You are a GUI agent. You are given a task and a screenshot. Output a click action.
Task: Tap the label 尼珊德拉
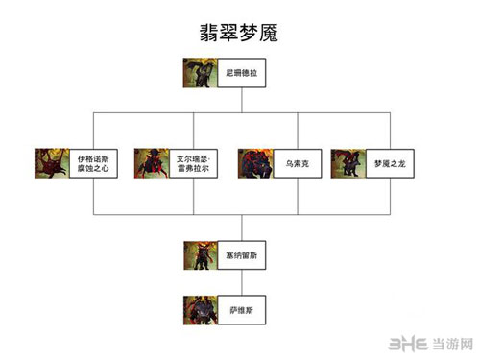coord(240,72)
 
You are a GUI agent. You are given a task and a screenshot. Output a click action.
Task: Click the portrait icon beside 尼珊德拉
coord(200,73)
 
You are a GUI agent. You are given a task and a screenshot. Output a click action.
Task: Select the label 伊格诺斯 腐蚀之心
coord(93,162)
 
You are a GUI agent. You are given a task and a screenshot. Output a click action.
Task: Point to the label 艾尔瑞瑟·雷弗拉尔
coord(194,162)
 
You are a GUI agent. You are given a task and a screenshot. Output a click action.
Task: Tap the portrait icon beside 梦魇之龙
coord(347,162)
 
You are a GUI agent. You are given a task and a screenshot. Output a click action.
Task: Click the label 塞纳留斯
coord(240,256)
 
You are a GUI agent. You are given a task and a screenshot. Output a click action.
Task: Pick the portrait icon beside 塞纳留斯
coord(200,256)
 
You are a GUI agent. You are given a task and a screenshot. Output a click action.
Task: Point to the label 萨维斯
coord(240,310)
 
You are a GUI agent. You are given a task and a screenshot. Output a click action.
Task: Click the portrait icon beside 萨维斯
coord(200,310)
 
